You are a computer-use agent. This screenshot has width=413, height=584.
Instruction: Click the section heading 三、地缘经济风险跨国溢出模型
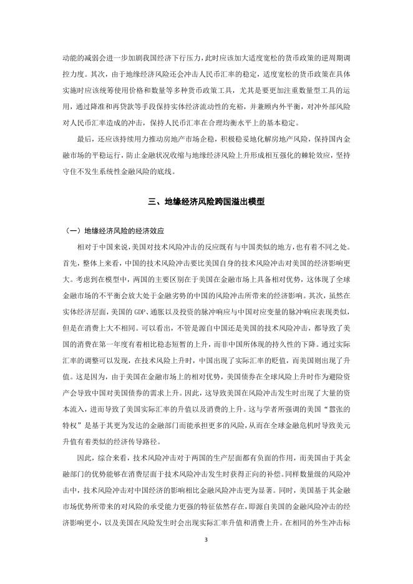pyautogui.click(x=206, y=202)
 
